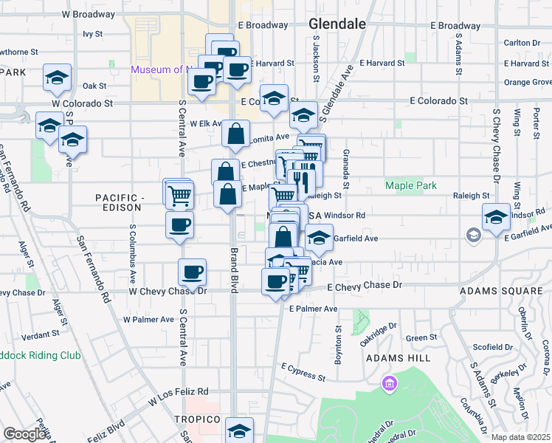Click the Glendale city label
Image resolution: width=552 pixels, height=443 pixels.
coord(337,24)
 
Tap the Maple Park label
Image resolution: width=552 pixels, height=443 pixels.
coord(411,186)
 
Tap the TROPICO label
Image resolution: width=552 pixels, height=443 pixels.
coord(203,419)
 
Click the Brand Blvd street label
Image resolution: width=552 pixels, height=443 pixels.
coord(233,269)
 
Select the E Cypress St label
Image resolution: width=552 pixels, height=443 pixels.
coord(304,371)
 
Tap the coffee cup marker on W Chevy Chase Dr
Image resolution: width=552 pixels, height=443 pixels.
coord(193,272)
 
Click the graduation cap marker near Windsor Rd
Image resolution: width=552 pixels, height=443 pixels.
coord(496,217)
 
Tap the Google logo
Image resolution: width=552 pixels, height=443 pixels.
coord(25,434)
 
